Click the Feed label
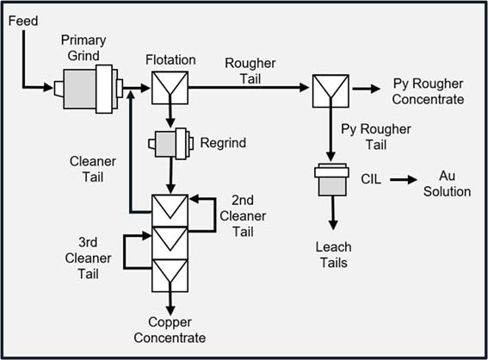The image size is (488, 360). pyautogui.click(x=23, y=20)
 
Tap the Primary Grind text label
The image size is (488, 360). pyautogui.click(x=83, y=49)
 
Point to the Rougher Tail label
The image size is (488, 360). pyautogui.click(x=250, y=71)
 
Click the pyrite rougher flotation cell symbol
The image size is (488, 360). pyautogui.click(x=328, y=87)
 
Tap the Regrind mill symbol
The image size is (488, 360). pyautogui.click(x=170, y=144)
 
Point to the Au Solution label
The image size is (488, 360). pyautogui.click(x=448, y=183)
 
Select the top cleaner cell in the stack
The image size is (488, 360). pyautogui.click(x=169, y=207)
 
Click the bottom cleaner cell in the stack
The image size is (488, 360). pyautogui.click(x=169, y=273)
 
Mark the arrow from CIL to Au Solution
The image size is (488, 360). pyautogui.click(x=401, y=180)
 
